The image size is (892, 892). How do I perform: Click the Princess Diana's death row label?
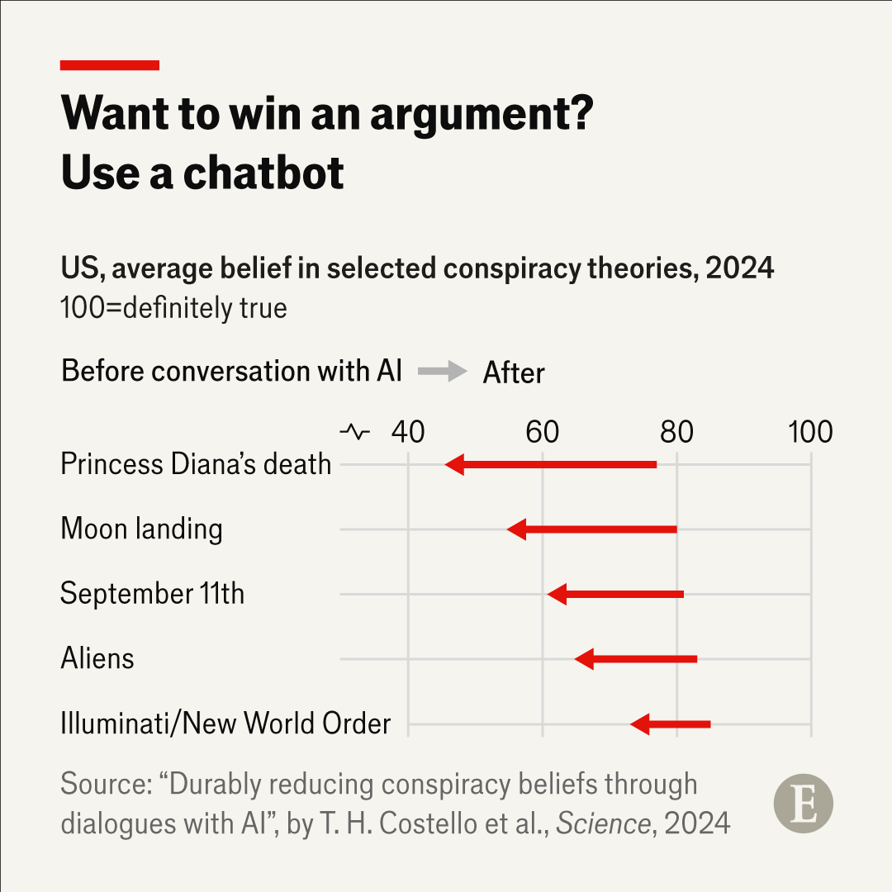point(196,464)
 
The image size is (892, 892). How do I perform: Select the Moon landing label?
point(141,529)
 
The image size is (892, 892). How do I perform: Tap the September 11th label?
point(152,594)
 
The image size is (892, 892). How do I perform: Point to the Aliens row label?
point(97,658)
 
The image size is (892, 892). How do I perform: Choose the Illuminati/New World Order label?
point(225,724)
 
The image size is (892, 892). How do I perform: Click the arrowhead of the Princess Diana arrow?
point(454,464)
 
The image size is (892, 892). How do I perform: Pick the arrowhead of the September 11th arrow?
point(557,594)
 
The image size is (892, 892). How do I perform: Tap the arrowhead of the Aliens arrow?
point(584,658)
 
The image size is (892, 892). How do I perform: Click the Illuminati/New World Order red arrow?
point(670,724)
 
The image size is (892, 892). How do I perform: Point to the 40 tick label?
point(408,432)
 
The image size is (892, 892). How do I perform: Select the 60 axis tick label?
point(542,432)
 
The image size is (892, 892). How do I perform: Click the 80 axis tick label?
point(676,432)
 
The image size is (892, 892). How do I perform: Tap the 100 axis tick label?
point(809,432)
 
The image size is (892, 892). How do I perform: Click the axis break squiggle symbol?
point(355,432)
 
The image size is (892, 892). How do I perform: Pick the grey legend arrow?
point(443,372)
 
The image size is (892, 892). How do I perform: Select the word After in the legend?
point(514,373)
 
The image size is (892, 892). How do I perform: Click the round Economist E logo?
point(803,803)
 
